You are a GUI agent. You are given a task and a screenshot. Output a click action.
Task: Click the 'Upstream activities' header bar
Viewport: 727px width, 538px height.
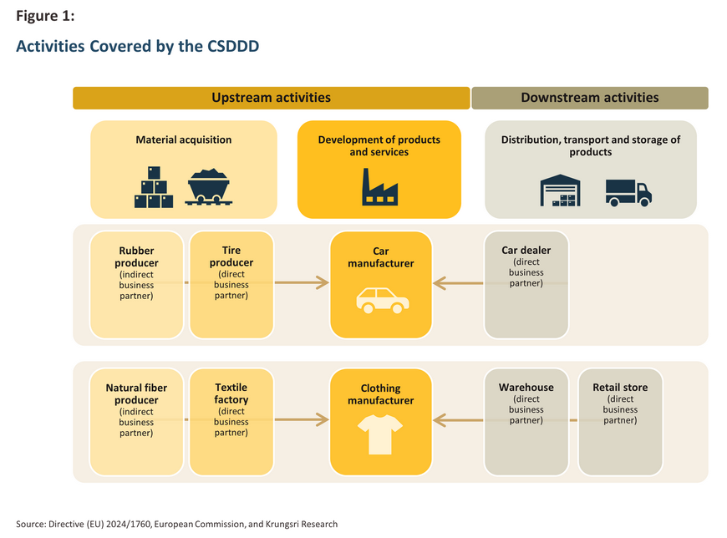tap(272, 98)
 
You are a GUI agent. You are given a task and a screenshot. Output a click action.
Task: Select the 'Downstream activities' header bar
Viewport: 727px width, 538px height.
tap(590, 98)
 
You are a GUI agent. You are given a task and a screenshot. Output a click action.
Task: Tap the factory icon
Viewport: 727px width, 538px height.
tap(379, 187)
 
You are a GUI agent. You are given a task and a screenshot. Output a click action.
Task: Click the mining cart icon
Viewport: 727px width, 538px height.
tap(209, 187)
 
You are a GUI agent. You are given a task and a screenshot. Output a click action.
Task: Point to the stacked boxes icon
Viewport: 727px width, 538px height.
tap(154, 187)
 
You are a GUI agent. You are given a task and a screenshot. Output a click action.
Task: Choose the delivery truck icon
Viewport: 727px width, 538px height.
tap(628, 193)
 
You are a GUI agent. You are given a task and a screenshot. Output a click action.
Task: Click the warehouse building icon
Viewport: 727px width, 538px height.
tap(560, 190)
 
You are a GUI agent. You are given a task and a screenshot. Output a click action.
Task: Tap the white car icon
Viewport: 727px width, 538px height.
tap(383, 300)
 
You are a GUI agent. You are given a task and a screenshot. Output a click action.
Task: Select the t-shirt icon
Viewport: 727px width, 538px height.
tap(380, 434)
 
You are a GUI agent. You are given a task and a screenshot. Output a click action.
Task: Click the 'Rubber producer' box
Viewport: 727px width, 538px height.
tap(136, 285)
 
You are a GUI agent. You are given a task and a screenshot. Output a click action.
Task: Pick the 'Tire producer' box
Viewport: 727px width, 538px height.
tap(231, 285)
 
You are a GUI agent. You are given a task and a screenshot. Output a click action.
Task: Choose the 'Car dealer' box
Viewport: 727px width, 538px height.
tap(526, 285)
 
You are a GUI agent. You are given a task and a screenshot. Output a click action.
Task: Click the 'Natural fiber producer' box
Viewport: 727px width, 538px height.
tap(136, 422)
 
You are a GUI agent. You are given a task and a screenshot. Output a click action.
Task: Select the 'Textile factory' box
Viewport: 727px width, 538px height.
tap(231, 422)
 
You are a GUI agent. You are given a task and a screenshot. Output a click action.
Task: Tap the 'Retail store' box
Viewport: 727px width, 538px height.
tap(620, 422)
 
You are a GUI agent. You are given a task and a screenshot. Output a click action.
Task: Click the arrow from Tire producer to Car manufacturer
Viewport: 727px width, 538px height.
tap(302, 282)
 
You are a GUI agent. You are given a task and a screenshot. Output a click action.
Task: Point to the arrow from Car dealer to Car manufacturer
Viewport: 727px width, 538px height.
tap(458, 283)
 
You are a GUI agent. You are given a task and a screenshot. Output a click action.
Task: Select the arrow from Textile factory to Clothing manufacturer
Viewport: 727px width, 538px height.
tap(302, 420)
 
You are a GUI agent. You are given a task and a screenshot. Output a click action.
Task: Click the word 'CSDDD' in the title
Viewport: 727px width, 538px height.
tap(233, 46)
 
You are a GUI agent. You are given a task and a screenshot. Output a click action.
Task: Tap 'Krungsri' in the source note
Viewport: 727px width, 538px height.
tap(282, 524)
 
